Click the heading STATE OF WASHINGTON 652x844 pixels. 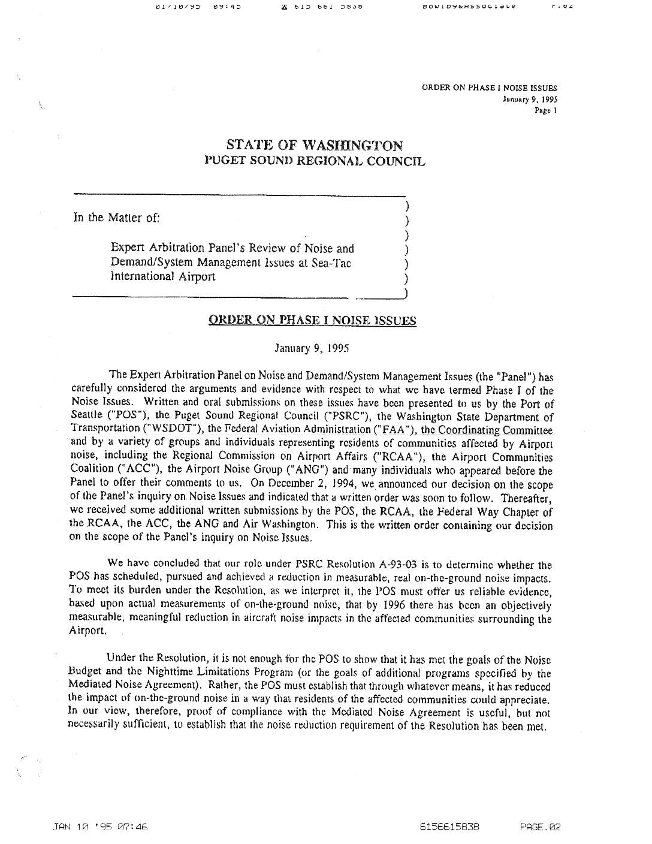[x=315, y=146]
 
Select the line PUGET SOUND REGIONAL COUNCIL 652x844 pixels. [x=315, y=161]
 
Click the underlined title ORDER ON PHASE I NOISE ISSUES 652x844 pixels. [x=312, y=320]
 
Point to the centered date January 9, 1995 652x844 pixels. [x=312, y=348]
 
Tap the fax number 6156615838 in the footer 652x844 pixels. [x=449, y=827]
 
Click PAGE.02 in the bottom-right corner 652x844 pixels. [x=540, y=827]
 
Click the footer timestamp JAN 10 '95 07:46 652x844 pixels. [x=100, y=827]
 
